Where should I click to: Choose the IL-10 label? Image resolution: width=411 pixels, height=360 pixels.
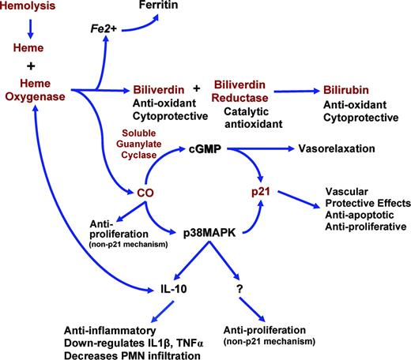tap(163, 288)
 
